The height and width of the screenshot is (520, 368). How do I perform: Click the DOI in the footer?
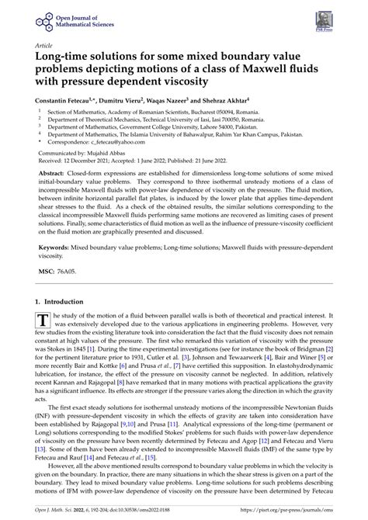click(x=138, y=511)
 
